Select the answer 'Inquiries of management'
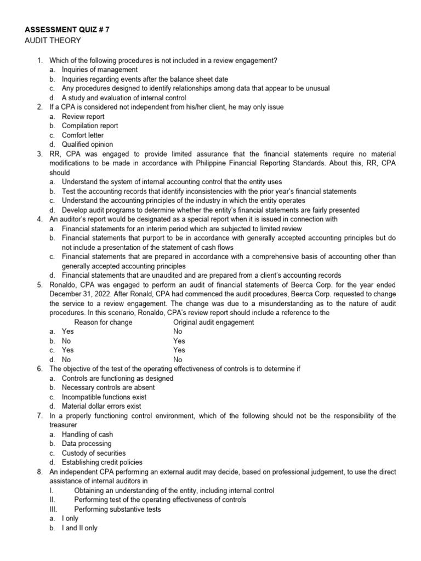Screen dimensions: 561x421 click(99, 70)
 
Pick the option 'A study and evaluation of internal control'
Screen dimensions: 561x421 click(124, 98)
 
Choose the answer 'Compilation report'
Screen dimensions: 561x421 click(89, 126)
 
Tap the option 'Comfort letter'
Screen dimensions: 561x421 click(82, 135)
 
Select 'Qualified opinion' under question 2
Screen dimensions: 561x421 click(87, 145)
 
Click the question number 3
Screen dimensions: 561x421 click(40, 154)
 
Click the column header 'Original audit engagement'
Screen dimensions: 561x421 click(213, 322)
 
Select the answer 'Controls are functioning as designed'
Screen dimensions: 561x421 click(117, 378)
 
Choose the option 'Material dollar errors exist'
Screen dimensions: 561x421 click(101, 406)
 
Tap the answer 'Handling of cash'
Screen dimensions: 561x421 click(87, 434)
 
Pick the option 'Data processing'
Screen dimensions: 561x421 click(86, 444)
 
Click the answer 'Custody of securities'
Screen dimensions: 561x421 click(93, 453)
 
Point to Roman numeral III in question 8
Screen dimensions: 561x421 click(53, 509)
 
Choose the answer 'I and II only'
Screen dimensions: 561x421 click(79, 528)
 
